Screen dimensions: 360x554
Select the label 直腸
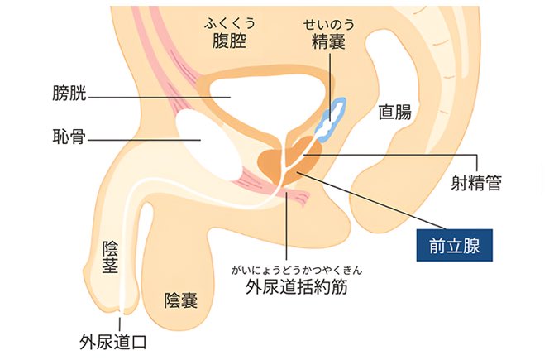pyautogui.click(x=394, y=113)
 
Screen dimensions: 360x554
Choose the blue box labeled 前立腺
pyautogui.click(x=454, y=246)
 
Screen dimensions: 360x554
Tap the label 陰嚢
pyautogui.click(x=181, y=299)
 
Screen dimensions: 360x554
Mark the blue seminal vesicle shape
pyautogui.click(x=334, y=120)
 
